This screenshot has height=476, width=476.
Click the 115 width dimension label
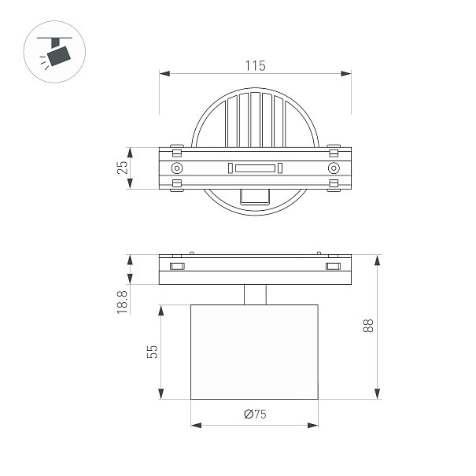255,65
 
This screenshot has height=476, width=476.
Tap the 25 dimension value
122,168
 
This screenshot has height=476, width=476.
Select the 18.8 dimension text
122,302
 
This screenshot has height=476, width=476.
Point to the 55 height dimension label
153,352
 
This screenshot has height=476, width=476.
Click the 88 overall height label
368,326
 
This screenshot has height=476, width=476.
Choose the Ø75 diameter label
255,414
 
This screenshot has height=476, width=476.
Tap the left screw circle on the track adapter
177,168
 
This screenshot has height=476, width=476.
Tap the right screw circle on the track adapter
334,168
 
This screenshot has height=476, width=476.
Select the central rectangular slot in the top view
255,168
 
